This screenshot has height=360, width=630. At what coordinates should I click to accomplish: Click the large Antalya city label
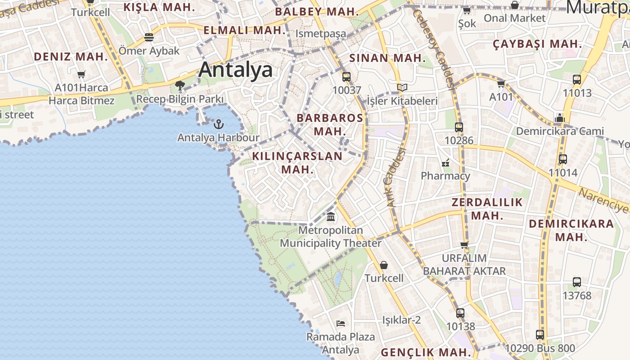pos(235,70)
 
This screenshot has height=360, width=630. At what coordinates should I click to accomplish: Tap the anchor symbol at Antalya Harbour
pos(218,124)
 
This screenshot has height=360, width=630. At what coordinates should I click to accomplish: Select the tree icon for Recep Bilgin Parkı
pos(180,85)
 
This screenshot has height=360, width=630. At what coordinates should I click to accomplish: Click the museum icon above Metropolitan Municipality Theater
pos(331,217)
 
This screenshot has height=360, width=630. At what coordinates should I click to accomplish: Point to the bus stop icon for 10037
pos(346,76)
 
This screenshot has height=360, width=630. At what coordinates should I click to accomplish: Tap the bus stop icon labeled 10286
pos(459,127)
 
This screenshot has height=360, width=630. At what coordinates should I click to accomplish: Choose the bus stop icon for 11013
pos(576,80)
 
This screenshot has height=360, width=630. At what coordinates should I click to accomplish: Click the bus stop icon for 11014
pos(562,159)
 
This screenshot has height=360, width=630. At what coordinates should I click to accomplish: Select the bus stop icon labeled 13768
pos(576,282)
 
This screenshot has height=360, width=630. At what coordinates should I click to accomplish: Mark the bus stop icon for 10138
pos(460,313)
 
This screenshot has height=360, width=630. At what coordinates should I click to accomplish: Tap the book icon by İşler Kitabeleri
pos(402,87)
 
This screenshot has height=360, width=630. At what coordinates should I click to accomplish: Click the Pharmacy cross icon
pos(445,162)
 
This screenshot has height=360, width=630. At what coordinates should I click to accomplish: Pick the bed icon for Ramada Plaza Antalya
pos(341,323)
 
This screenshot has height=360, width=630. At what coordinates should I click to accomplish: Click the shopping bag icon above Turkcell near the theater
pos(384,265)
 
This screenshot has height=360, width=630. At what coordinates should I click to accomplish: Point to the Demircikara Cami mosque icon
pos(559,118)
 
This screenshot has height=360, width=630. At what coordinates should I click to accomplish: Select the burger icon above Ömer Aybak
pos(149,37)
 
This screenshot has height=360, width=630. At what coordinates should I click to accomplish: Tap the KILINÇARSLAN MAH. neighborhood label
pos(297,162)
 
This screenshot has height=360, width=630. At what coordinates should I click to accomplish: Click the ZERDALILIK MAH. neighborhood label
pos(487,209)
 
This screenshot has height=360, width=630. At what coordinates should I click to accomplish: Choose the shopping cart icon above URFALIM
pos(464,245)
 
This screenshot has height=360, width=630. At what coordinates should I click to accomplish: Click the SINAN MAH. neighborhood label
pos(387,58)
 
